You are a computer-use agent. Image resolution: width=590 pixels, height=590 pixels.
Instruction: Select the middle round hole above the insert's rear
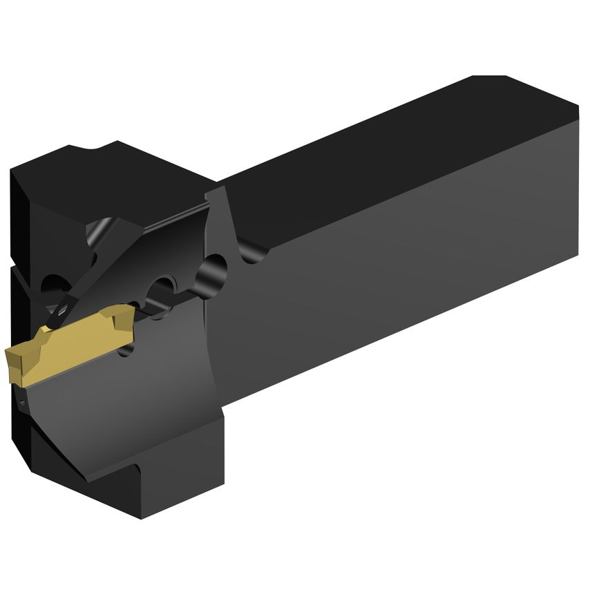164,287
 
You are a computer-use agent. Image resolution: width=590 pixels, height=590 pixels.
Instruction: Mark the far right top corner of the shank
577,107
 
